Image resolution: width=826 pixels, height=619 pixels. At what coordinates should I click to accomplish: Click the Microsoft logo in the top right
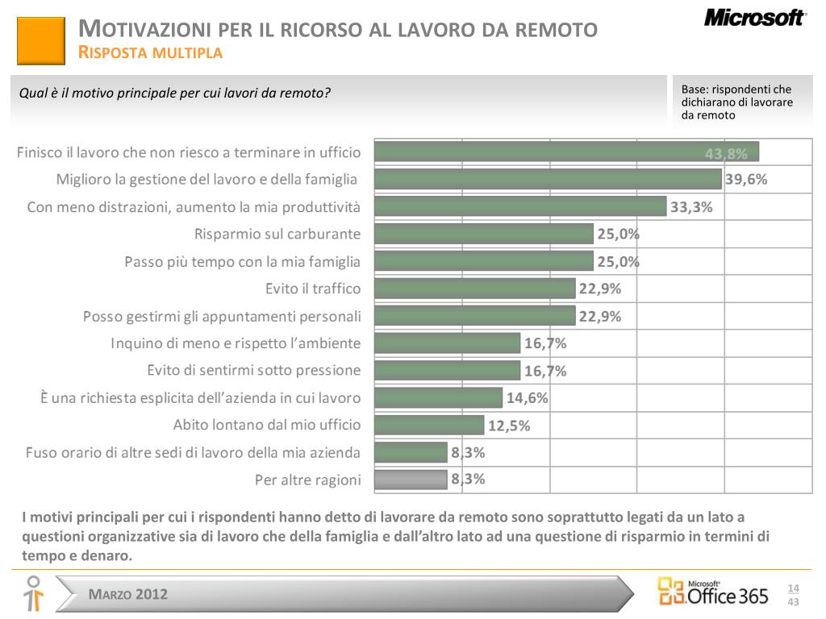754,18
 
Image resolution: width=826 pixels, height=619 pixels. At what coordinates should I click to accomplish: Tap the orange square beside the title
40,40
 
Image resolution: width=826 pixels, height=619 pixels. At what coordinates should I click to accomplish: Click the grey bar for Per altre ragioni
411,480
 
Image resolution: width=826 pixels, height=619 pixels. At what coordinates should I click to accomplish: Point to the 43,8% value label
726,154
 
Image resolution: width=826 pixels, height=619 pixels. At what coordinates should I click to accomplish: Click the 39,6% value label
746,180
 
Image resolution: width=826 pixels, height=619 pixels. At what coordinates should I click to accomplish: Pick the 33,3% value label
691,207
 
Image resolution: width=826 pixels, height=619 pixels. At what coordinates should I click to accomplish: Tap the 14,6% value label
528,397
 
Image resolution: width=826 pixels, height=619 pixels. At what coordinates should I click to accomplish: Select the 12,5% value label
509,426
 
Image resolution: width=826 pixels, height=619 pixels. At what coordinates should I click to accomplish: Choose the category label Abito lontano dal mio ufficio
267,425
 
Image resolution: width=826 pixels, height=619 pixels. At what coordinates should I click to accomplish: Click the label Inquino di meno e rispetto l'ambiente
236,343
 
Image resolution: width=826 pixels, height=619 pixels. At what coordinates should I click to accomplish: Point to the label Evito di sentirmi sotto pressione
254,371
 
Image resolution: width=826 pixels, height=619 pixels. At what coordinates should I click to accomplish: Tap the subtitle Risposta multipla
150,54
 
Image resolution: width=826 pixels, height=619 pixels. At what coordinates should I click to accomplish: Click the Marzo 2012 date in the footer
129,595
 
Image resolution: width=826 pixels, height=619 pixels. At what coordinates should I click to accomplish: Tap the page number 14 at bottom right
793,588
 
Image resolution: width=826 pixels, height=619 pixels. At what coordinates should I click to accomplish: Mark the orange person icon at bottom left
33,593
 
